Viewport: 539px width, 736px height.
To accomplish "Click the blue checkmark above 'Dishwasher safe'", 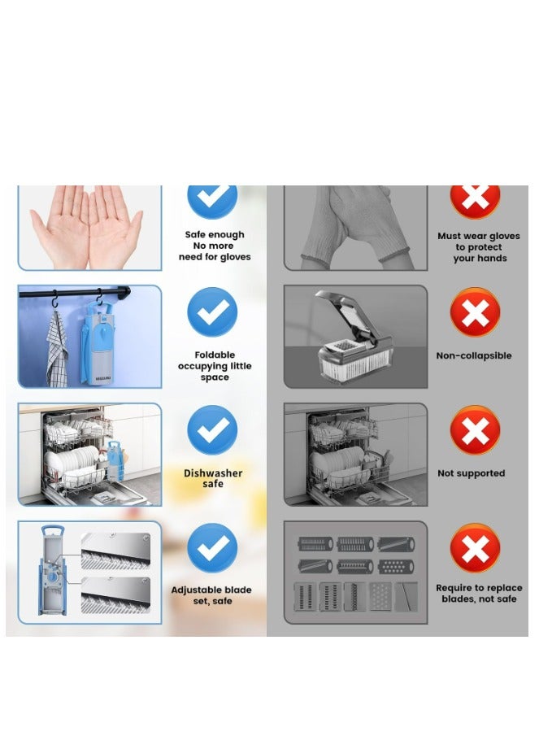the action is [x=212, y=429].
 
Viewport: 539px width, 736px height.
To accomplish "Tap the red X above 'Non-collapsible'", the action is [x=475, y=312].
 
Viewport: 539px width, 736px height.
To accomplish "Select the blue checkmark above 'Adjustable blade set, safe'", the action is [x=212, y=547].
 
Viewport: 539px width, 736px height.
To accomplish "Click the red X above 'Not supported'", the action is [x=475, y=430].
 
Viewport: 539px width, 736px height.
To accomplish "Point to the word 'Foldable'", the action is [x=215, y=355].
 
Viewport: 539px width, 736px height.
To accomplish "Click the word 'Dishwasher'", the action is [x=213, y=473].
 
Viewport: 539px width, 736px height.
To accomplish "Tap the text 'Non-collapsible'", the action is [x=474, y=355].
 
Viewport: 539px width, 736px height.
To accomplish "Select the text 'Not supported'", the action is [x=471, y=473].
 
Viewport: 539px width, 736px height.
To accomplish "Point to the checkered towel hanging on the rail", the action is [x=57, y=350].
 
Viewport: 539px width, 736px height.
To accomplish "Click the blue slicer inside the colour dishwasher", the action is [x=115, y=461].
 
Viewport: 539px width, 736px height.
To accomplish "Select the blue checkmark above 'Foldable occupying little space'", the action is [x=212, y=311].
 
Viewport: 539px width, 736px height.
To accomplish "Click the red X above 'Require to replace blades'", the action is [x=475, y=548].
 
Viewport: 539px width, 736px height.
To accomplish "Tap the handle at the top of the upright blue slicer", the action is [x=52, y=531].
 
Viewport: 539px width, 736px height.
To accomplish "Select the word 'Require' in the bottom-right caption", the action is [x=453, y=588].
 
